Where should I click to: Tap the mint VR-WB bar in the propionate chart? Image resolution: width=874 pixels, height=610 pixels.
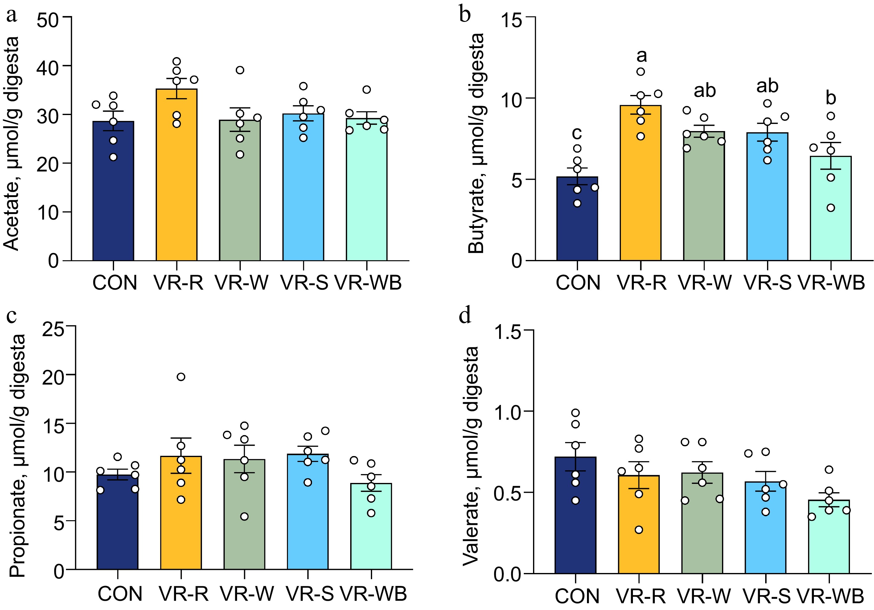(371, 529)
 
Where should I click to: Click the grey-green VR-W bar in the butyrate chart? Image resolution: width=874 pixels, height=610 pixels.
(704, 198)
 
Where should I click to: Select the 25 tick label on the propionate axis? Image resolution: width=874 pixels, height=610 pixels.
(53, 329)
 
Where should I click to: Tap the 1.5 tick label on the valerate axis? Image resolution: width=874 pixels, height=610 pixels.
(507, 332)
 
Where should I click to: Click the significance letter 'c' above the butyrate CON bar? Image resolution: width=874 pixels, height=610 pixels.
(577, 133)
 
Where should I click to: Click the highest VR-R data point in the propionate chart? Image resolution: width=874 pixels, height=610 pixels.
(181, 377)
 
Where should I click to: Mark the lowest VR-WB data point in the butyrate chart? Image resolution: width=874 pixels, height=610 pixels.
(831, 208)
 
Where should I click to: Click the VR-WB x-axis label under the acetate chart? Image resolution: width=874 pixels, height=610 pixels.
(368, 283)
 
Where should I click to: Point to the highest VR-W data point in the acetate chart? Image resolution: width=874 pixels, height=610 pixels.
(240, 70)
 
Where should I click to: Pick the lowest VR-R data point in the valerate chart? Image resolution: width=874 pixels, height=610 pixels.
(639, 530)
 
